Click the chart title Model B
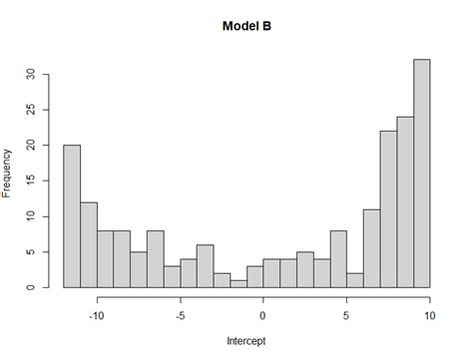(x=246, y=26)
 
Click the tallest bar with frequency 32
(x=421, y=174)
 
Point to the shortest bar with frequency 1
(x=237, y=284)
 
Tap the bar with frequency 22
(x=388, y=209)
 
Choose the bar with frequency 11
(x=371, y=248)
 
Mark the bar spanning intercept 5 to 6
(x=354, y=280)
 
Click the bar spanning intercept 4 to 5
(x=338, y=259)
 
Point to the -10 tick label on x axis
(x=97, y=315)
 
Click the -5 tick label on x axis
(x=180, y=315)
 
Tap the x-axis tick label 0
(x=263, y=315)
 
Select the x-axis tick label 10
(x=429, y=315)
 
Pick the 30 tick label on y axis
(x=32, y=74)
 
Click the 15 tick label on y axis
(x=32, y=180)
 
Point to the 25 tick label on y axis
(x=32, y=110)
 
